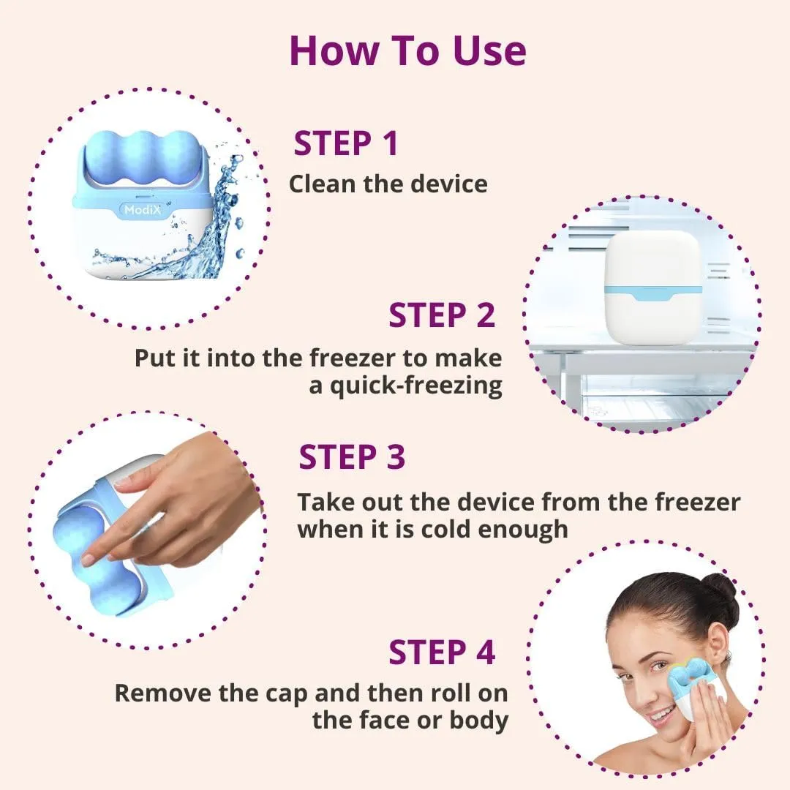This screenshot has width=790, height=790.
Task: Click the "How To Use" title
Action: click(x=408, y=51)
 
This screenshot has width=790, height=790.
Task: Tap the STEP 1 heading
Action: click(x=346, y=143)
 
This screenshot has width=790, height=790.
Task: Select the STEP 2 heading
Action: click(x=442, y=315)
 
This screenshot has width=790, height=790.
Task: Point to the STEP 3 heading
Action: click(x=352, y=457)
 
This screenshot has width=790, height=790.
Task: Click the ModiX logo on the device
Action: click(x=143, y=210)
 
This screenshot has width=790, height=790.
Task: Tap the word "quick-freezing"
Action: click(x=416, y=387)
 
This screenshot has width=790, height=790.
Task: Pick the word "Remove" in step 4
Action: click(x=162, y=693)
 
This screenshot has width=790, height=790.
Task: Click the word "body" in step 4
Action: click(x=479, y=721)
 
